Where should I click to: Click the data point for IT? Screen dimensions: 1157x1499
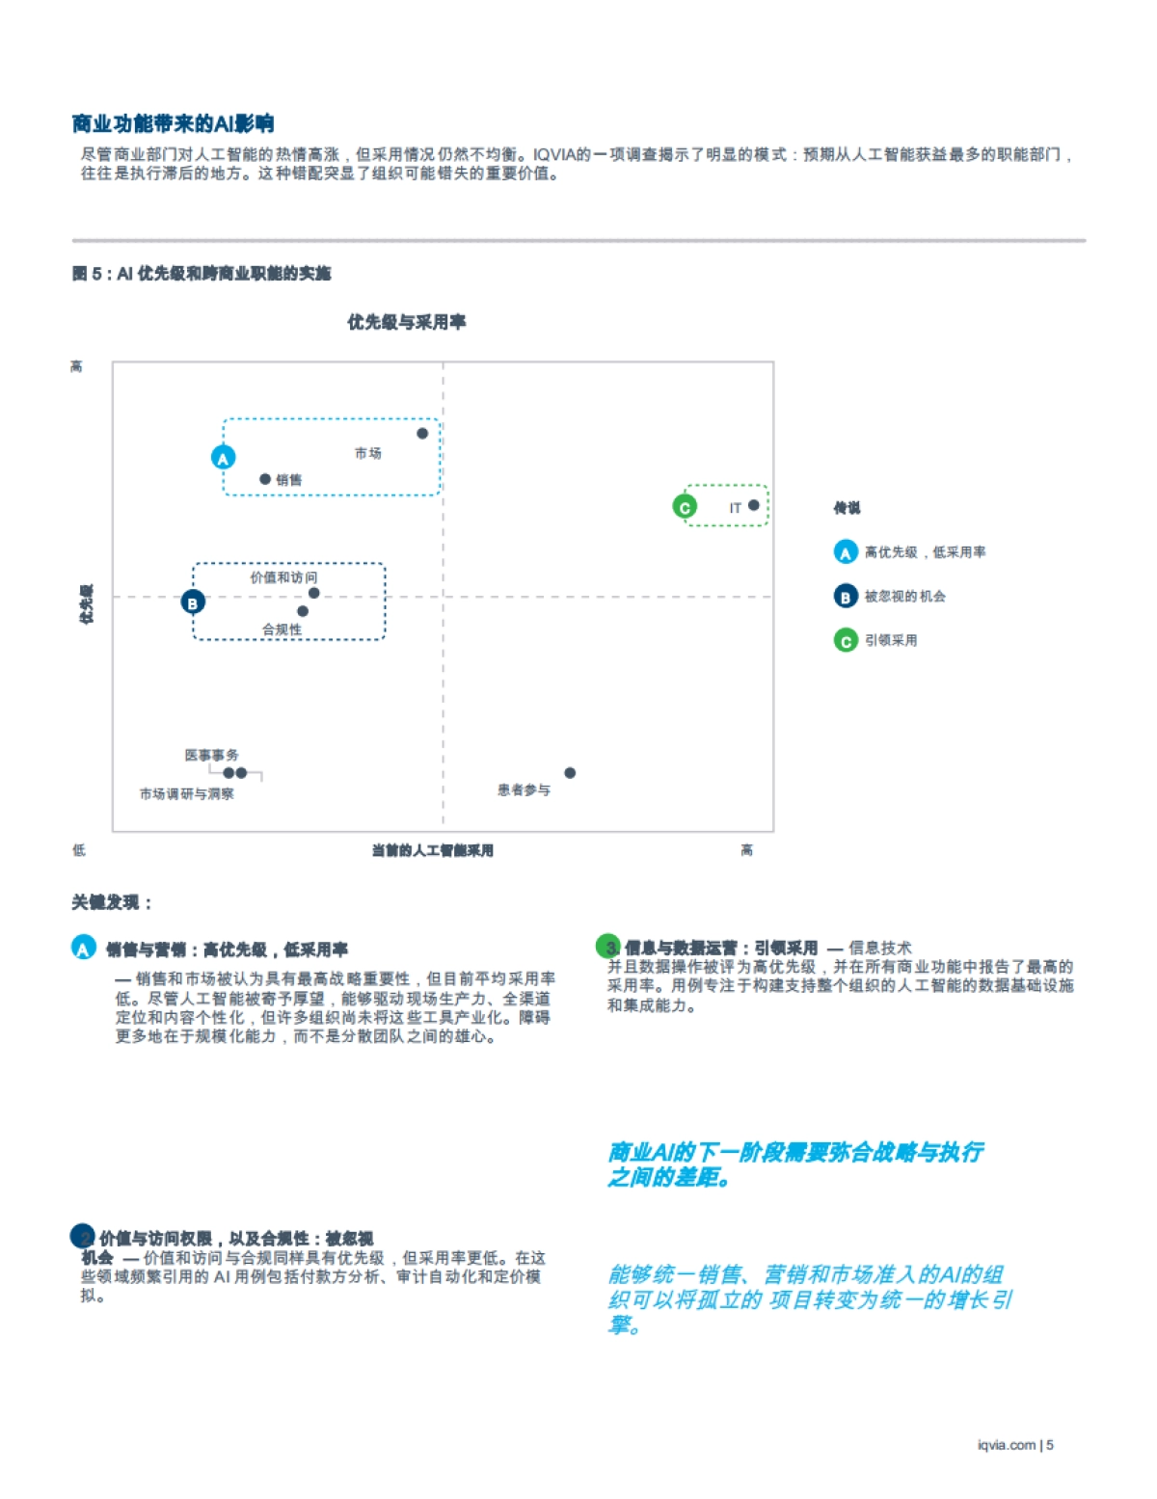click(x=753, y=505)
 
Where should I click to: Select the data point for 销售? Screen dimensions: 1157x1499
click(x=265, y=479)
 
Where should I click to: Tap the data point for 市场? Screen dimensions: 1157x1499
click(x=422, y=434)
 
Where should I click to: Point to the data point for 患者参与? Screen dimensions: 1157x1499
click(x=570, y=773)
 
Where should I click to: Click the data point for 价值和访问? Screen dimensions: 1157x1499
click(x=314, y=593)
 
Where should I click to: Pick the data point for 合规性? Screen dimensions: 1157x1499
click(x=303, y=611)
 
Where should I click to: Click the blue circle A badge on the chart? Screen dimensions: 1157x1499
click(x=224, y=458)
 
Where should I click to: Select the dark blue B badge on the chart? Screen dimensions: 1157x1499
click(x=193, y=602)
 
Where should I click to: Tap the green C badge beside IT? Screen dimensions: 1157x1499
click(x=685, y=507)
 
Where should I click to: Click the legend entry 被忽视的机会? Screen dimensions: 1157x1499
click(x=904, y=597)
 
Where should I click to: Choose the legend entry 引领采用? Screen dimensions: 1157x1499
click(x=890, y=640)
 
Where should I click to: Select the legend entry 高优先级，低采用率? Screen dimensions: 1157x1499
click(x=925, y=552)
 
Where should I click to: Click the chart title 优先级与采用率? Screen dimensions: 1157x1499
click(x=407, y=322)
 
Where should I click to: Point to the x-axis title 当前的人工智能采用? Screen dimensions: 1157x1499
click(x=433, y=850)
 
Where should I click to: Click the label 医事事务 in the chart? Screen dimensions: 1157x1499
click(x=212, y=755)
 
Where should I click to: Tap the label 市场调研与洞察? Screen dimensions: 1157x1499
click(x=187, y=794)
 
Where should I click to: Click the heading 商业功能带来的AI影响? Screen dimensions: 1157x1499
click(x=174, y=123)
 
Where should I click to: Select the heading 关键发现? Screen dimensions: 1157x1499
click(x=112, y=902)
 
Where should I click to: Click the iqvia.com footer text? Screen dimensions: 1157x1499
click(x=1007, y=1445)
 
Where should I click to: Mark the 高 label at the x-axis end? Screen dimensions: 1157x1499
click(x=746, y=849)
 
